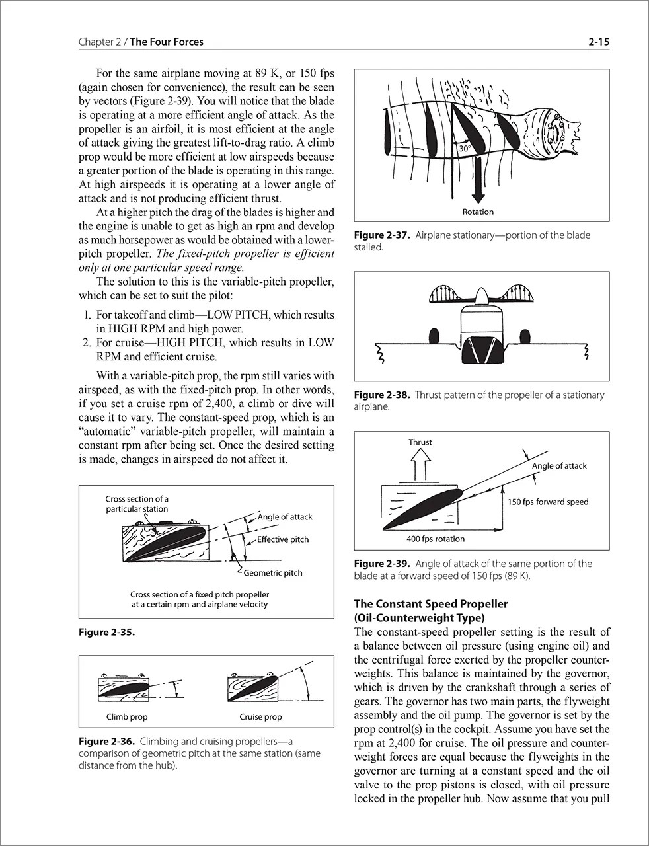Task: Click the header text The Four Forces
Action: tap(167, 42)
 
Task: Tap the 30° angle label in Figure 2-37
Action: tap(464, 149)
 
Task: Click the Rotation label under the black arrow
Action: tap(478, 211)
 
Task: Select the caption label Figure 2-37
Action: tap(382, 235)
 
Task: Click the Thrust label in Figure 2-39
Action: tap(420, 442)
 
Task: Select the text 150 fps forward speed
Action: tap(547, 502)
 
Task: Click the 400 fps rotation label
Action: tap(436, 539)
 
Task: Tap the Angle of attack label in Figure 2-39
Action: tap(559, 465)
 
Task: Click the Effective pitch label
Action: tap(283, 539)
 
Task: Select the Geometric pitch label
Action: tap(273, 573)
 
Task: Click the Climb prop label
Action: tap(127, 717)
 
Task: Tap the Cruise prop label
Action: tap(260, 717)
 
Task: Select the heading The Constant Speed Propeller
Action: tap(431, 604)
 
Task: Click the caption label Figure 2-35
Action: tap(106, 633)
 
